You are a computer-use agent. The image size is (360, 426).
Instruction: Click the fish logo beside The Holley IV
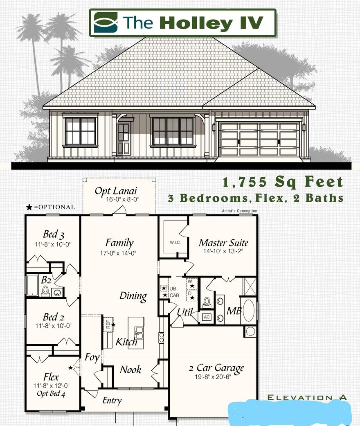pos(106,22)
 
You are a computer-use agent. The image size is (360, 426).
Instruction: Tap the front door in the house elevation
pos(123,138)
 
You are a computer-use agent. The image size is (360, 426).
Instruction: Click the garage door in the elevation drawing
pos(259,138)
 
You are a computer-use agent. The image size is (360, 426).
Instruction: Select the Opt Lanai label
pos(116,191)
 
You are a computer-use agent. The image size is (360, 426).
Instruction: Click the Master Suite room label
pos(223,242)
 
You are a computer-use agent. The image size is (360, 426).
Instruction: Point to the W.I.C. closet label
pos(173,243)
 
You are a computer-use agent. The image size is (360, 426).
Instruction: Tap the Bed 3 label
pos(54,234)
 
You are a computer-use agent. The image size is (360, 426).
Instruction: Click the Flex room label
pos(51,376)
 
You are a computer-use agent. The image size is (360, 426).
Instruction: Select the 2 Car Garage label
pos(216,368)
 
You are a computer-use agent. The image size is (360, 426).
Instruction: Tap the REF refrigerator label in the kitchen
pos(108,325)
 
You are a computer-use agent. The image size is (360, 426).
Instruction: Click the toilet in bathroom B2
pos(45,291)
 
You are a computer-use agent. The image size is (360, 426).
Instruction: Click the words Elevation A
pos(307,397)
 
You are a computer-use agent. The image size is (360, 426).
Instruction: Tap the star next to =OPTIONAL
pos(29,207)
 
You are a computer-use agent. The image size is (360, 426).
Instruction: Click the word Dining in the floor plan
pos(133,295)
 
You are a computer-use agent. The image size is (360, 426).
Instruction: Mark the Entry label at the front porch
pos(112,400)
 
